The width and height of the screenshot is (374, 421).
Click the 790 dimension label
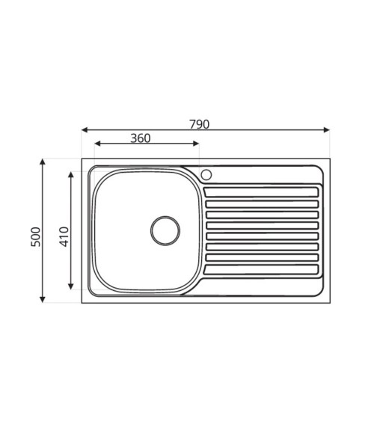[199, 124]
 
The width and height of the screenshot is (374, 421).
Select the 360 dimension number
[141, 138]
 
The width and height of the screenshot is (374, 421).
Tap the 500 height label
[36, 236]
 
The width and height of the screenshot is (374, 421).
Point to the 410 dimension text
[64, 236]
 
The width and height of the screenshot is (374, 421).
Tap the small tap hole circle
[206, 175]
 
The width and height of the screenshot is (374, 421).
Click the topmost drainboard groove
[261, 192]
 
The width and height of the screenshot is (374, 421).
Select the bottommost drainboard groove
[261, 269]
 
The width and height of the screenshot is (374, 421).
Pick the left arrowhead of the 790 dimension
[85, 130]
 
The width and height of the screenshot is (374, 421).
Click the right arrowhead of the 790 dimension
[326, 130]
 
